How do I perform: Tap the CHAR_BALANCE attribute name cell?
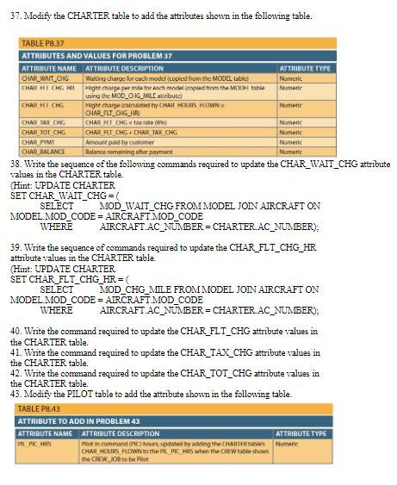point(43,151)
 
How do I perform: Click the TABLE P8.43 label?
point(40,408)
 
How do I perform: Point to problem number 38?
point(15,162)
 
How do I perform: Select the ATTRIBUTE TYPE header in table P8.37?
point(305,67)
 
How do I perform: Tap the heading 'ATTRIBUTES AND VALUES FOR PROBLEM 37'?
point(96,56)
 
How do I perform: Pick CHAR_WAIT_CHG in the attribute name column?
point(44,76)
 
